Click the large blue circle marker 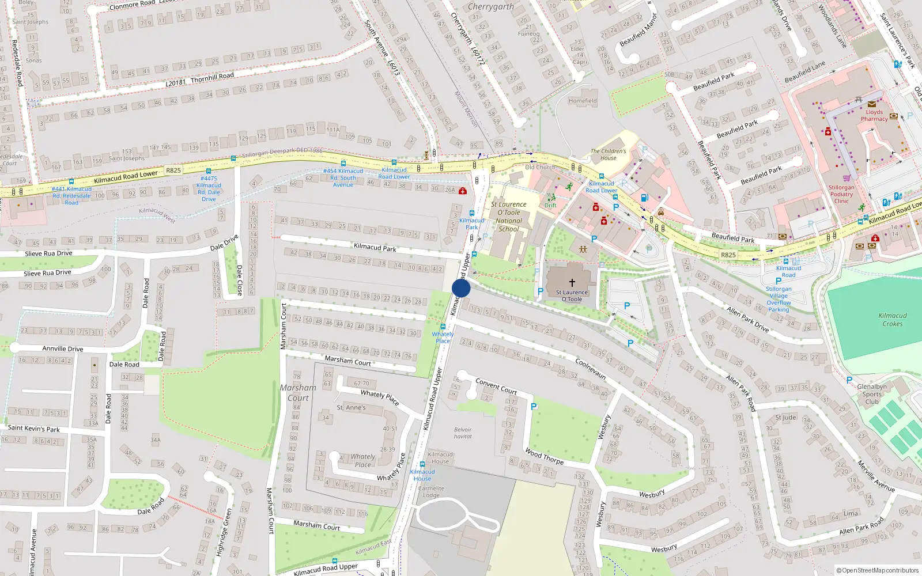461,288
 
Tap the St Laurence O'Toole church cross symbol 572,282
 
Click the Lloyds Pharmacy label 874,116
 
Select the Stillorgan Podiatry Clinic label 841,194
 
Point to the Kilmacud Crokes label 892,320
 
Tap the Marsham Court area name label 298,393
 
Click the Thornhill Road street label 212,77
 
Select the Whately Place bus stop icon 443,327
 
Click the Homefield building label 582,101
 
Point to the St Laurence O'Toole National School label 508,217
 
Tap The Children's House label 608,154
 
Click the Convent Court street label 496,386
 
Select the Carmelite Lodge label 431,491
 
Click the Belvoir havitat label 463,433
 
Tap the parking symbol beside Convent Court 534,407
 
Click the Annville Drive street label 62,348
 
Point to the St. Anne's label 351,407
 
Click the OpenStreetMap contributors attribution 877,570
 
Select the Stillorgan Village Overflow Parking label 779,299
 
